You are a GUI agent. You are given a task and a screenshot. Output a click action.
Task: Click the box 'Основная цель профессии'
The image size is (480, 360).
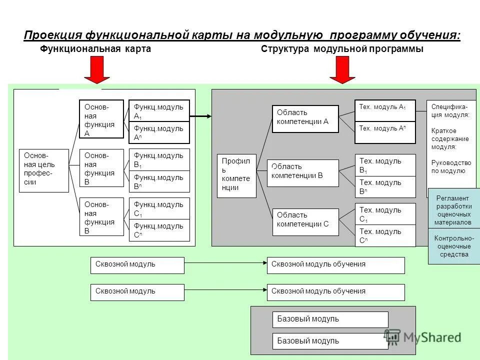coord(43,170)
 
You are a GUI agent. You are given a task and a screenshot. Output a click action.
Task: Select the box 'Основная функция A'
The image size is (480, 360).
coord(101,119)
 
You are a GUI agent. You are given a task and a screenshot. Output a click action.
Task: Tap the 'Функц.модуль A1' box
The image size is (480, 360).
coord(159,111)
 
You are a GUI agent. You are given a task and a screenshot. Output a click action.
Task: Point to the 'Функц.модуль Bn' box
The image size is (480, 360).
coord(159,181)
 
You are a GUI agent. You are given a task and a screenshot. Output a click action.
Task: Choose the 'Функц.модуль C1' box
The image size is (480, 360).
coord(159,208)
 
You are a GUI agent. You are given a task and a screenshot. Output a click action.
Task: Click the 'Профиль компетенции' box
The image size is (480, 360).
coord(236,175)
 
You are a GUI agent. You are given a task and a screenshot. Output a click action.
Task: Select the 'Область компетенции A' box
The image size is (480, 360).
coord(305,118)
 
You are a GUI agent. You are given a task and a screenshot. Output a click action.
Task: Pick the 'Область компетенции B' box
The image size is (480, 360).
coord(302,173)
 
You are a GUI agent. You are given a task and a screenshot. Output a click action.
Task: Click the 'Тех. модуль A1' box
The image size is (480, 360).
coord(385,110)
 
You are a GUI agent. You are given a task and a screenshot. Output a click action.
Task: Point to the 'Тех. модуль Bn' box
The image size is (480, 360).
coord(385,186)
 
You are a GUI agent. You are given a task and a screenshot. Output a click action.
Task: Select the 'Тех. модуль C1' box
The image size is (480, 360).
coord(385,214)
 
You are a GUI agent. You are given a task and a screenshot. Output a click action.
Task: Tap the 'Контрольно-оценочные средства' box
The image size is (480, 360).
coord(453,246)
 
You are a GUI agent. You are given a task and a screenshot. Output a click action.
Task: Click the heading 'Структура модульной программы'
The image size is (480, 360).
coord(342,49)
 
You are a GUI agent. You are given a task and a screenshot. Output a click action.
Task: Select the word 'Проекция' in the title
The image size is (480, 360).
coord(53,35)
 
